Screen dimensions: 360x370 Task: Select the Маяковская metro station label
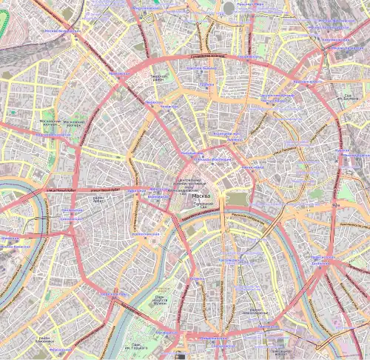pos(119,74)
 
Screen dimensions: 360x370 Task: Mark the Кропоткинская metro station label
pos(144,233)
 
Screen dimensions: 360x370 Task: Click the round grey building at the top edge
pos(229,7)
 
